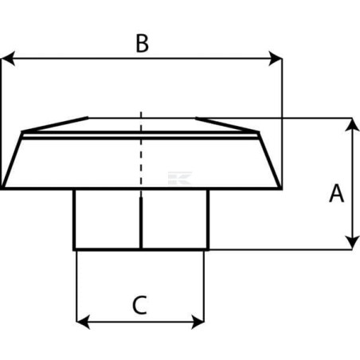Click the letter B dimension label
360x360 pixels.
pos(142,44)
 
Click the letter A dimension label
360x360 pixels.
pos(336,194)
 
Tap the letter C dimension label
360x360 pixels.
pos(139,305)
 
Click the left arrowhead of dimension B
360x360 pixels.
pos(7,58)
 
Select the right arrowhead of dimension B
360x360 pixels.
pos(276,58)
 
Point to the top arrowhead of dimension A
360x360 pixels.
pos(352,124)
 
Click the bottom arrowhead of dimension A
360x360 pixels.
pos(352,243)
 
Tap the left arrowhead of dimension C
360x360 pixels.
pos(83,322)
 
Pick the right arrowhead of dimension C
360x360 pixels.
pos(198,322)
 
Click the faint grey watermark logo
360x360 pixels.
pos(180,178)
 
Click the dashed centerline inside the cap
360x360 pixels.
pos(141,149)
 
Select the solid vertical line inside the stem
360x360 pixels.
pos(141,223)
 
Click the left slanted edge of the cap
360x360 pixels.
pos(13,160)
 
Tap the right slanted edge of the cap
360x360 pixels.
pos(269,160)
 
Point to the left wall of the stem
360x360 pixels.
pos(74,219)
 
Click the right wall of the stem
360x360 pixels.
pos(208,219)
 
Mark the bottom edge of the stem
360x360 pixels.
pos(141,249)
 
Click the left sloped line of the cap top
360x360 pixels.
pos(55,124)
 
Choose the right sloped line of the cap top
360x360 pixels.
pos(227,124)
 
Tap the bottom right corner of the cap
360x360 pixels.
pos(281,189)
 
